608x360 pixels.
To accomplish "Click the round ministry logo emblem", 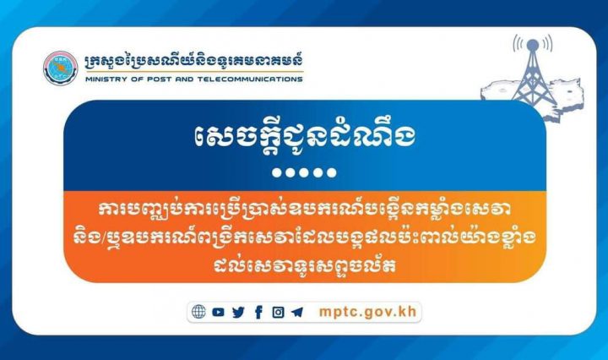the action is pos(61,68).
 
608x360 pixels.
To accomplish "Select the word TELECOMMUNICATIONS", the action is pos(250,79).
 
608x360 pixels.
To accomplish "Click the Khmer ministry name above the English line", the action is pos(194,62).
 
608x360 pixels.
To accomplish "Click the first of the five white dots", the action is pos(277,172).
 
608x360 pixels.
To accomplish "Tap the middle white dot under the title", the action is pos(304,172).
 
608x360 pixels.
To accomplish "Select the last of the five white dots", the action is pos(332,172).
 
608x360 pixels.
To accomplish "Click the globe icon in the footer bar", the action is pos(198,312).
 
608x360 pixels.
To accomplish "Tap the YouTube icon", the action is pos(219,312).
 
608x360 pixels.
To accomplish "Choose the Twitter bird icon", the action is pos(238,313).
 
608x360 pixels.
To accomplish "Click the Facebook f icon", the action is pos(258,312).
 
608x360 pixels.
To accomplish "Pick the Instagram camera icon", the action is pos(278,313).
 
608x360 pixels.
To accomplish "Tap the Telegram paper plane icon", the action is pos(297,313).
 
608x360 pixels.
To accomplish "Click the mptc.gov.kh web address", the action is pos(367,312).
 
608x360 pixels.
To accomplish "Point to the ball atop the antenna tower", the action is pos(533,45).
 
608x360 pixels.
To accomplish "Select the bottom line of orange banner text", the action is pos(304,265).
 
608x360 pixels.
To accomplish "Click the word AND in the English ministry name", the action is pos(184,79).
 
